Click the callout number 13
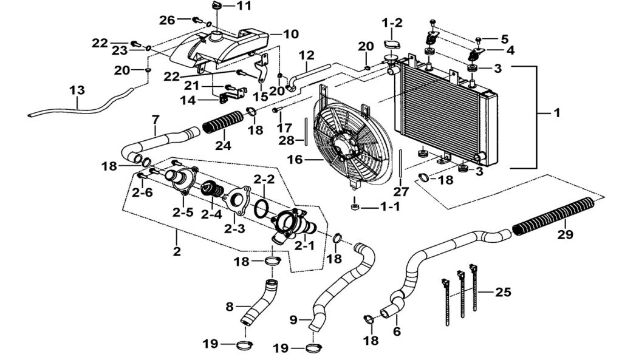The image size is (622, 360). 77,90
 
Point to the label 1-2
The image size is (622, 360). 392,23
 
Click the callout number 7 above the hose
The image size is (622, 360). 155,118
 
